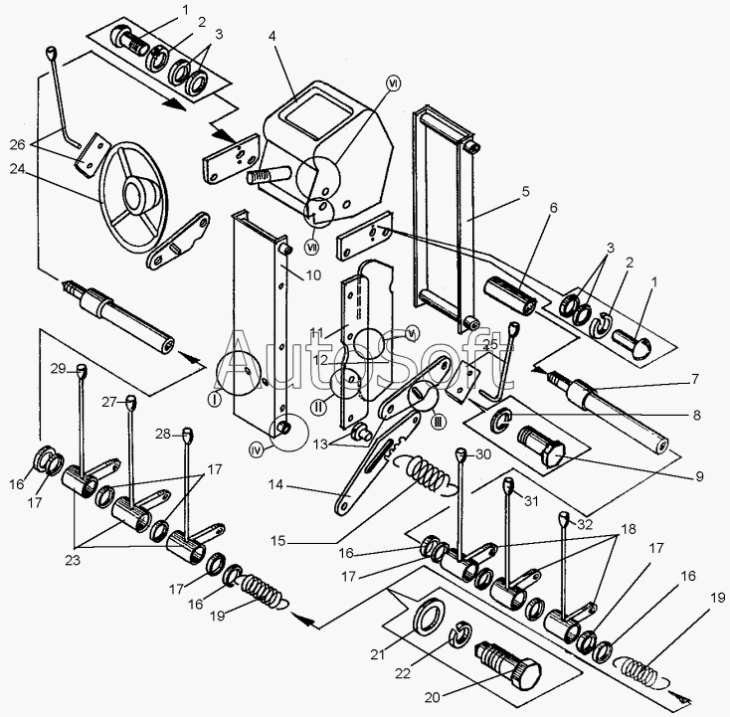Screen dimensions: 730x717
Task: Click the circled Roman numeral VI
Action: point(394,85)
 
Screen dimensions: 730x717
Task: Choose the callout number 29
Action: point(58,368)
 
